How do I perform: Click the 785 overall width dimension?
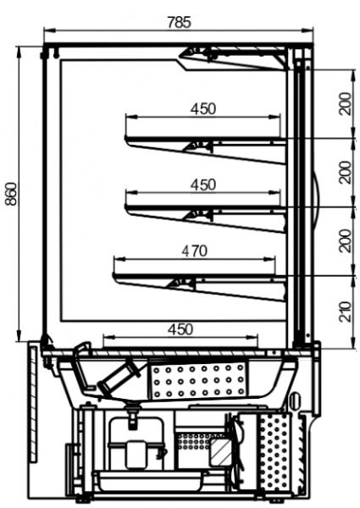tap(180, 23)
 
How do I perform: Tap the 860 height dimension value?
tap(12, 195)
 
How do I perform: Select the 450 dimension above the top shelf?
tap(202, 109)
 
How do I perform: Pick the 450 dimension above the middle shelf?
tap(202, 185)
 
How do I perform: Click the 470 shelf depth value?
tap(194, 251)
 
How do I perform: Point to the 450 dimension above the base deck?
tap(180, 329)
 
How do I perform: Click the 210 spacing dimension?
tap(346, 312)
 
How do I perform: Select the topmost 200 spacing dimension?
tap(346, 103)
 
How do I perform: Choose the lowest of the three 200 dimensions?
tap(346, 240)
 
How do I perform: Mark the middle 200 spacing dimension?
tap(346, 173)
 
